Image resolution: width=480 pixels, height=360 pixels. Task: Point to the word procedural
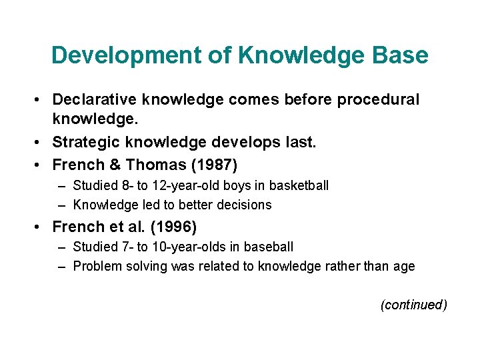pyautogui.click(x=378, y=100)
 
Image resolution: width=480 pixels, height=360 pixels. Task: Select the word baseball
pyautogui.click(x=268, y=247)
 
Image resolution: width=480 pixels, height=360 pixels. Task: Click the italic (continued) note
pyautogui.click(x=413, y=305)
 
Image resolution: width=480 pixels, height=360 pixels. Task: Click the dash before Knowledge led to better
pyautogui.click(x=62, y=205)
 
